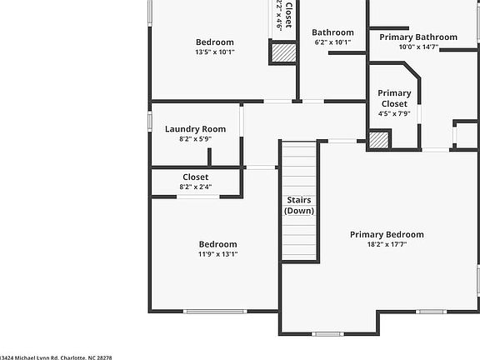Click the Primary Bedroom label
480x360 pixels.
click(387, 234)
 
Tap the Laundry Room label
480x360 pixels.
click(195, 129)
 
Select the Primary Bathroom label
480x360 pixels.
click(418, 37)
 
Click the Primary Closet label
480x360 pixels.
click(394, 98)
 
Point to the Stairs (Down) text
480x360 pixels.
click(299, 206)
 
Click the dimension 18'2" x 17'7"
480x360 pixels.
click(387, 245)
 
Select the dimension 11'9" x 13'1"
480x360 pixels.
click(217, 254)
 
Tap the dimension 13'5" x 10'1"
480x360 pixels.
click(214, 52)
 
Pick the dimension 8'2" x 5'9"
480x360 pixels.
click(195, 139)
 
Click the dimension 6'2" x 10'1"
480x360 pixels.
click(333, 42)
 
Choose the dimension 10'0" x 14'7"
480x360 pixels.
click(418, 47)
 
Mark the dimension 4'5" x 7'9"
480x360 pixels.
click(394, 113)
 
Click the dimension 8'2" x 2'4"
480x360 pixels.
click(195, 187)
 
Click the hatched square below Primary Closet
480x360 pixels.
click(379, 140)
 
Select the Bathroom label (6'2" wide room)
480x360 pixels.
click(333, 32)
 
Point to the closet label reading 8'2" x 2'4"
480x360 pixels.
click(195, 177)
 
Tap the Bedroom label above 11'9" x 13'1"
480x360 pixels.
click(217, 244)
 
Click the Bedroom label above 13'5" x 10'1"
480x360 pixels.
click(214, 42)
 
